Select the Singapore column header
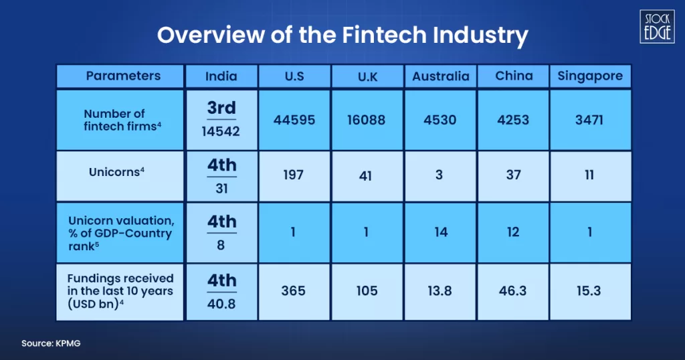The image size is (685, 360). (590, 76)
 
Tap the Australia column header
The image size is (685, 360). (441, 76)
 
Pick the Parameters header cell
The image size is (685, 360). (123, 76)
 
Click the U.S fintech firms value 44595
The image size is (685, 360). (294, 120)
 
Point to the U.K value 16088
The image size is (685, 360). (367, 120)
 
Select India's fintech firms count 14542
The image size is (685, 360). (221, 132)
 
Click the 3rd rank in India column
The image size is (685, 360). (221, 108)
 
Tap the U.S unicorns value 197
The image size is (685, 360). (294, 175)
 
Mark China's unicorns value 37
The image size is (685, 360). (514, 175)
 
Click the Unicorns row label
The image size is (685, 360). (117, 172)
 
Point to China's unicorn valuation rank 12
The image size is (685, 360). (514, 234)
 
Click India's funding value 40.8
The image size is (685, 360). (221, 304)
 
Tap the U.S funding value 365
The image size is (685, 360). (294, 291)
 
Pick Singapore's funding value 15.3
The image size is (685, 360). (590, 291)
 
